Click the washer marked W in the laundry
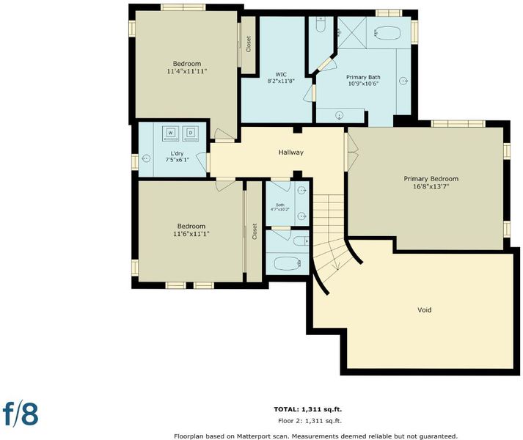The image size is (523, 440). click(x=170, y=133)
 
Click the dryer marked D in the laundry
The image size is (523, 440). click(x=191, y=133)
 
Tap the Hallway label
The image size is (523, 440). click(x=291, y=153)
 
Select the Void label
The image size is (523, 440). click(x=425, y=310)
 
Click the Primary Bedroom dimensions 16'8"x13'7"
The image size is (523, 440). click(x=431, y=186)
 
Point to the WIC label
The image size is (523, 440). click(x=281, y=74)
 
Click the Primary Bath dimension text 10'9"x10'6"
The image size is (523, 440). click(x=363, y=84)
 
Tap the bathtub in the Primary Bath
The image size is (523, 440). click(x=387, y=33)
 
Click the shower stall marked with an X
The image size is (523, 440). click(x=352, y=32)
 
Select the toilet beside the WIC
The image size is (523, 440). click(x=321, y=24)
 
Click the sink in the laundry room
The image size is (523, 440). click(x=146, y=158)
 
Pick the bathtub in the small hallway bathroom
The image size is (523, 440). click(x=288, y=263)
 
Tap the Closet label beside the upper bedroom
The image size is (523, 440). click(x=248, y=45)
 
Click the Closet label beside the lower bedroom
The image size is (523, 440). click(x=255, y=232)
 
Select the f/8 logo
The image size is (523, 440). click(x=21, y=414)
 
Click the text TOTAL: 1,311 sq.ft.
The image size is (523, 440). click(x=308, y=409)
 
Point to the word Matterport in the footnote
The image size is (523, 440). click(x=251, y=436)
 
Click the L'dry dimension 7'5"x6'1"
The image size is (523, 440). click(x=177, y=160)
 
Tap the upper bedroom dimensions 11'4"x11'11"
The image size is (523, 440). click(x=187, y=71)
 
